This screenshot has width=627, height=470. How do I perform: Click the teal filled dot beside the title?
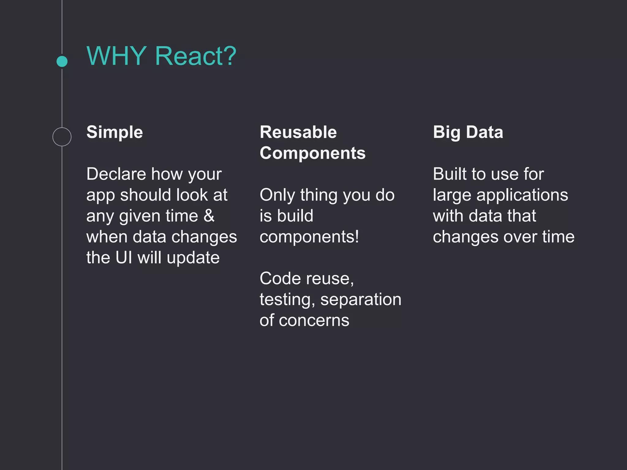coord(62,61)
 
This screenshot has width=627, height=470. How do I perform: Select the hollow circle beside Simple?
coord(62,137)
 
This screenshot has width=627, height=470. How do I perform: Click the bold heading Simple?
coord(115,132)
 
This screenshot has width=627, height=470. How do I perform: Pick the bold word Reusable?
coord(298,132)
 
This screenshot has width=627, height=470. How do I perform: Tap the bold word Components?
coord(312,153)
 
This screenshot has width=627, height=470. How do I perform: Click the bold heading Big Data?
coord(468,132)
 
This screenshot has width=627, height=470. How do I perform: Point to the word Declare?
coord(116,174)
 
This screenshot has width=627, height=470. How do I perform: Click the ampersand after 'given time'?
coord(209,216)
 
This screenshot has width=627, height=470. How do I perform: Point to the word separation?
coord(361,300)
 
